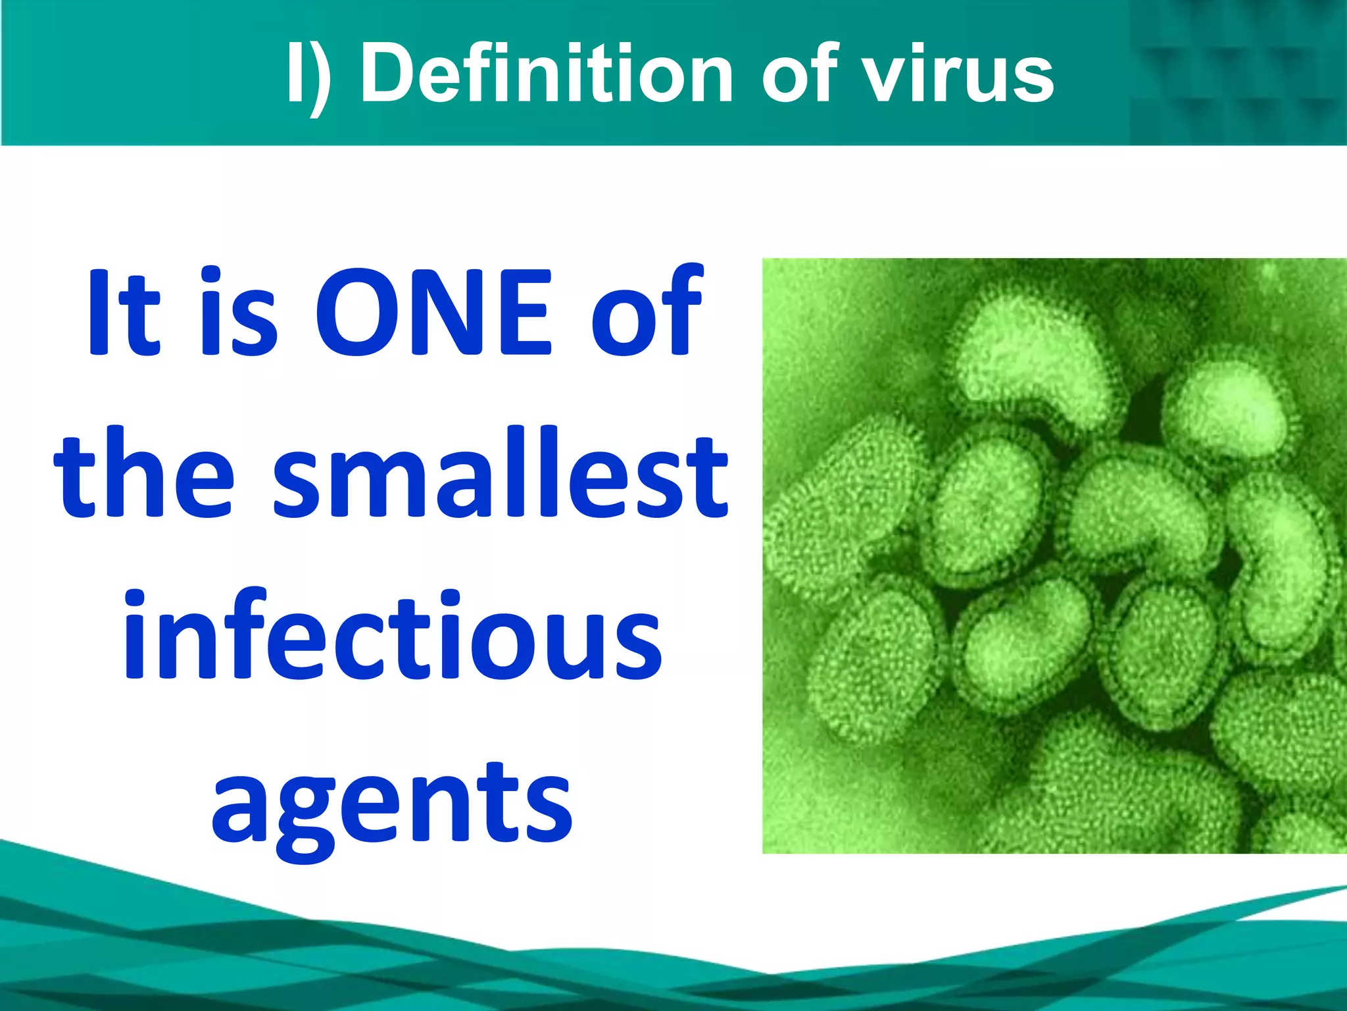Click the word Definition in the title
[546, 74]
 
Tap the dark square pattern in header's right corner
[1237, 72]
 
